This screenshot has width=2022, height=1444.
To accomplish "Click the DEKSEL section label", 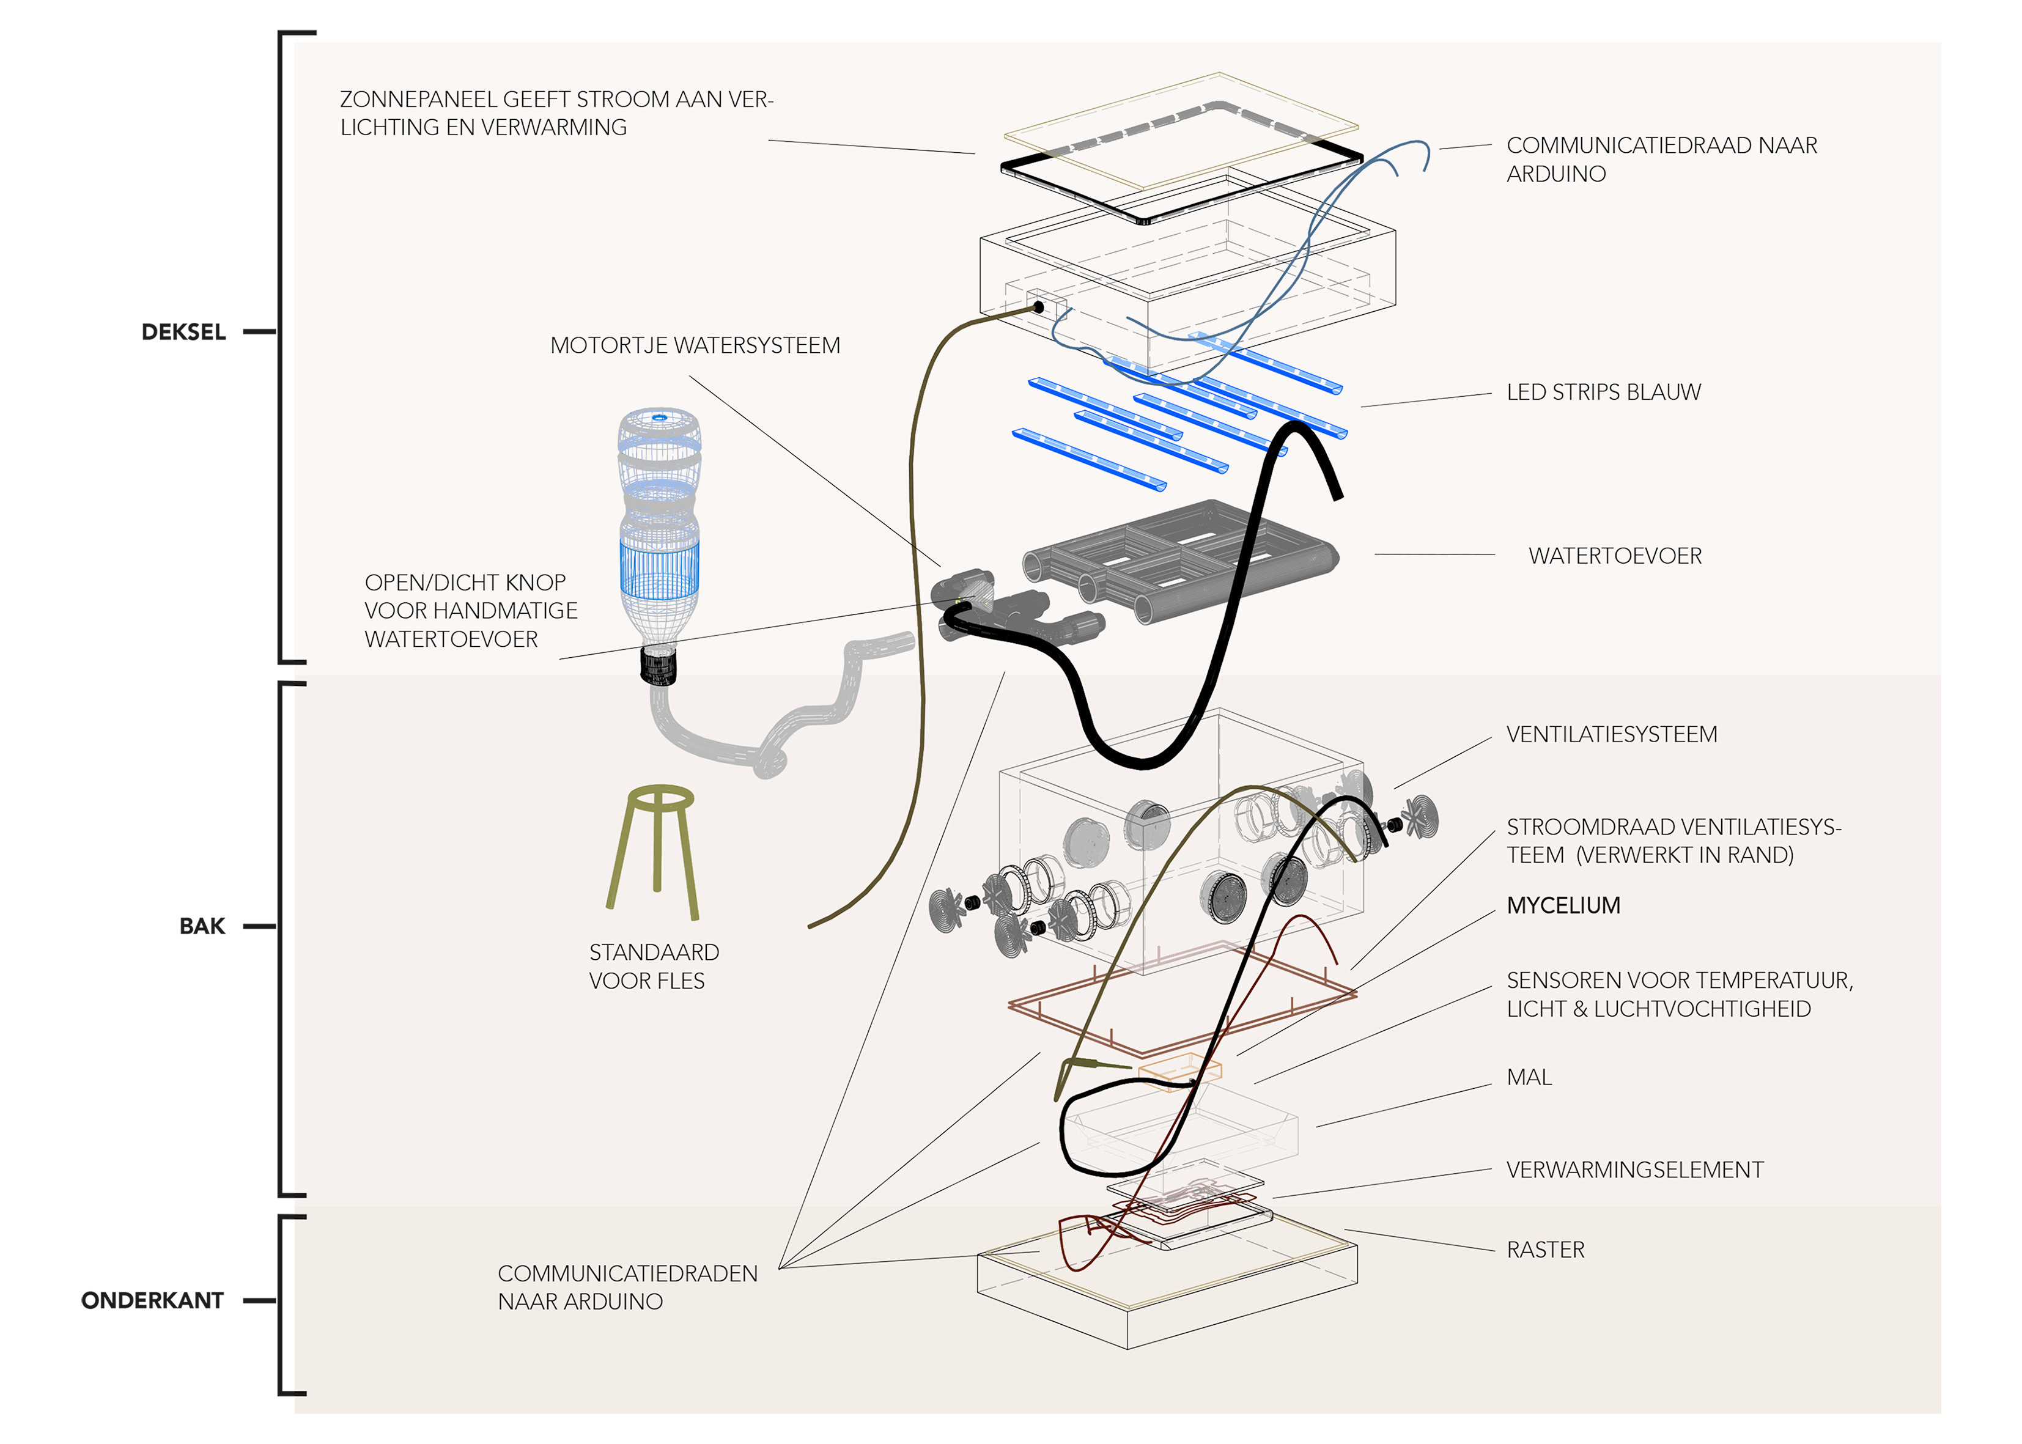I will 183,333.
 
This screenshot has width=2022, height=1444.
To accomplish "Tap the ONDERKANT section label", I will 152,1301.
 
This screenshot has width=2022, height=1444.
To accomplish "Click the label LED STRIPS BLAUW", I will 1603,392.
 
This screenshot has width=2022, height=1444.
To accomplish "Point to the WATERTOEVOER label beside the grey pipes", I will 1615,556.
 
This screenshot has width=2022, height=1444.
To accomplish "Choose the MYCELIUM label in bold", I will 1563,906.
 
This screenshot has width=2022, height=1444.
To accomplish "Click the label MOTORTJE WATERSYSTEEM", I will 695,346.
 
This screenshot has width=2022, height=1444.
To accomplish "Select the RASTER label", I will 1546,1250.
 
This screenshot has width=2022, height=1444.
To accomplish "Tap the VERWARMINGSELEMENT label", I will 1634,1170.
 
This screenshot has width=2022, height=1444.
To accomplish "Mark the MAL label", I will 1529,1078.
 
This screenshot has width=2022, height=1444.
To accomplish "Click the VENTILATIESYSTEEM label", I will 1611,734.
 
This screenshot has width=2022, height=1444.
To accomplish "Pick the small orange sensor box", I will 1179,1072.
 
